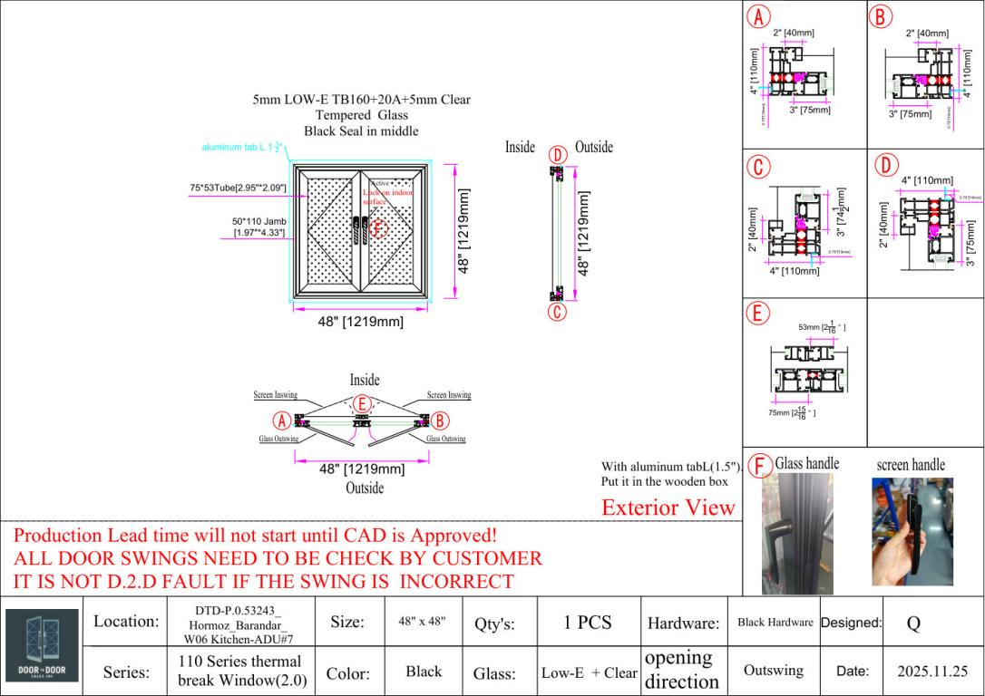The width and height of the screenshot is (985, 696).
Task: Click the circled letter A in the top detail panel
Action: coord(758,16)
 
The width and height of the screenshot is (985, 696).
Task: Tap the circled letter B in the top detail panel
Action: coord(881,16)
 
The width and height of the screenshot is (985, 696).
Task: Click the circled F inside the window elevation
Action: coord(379,228)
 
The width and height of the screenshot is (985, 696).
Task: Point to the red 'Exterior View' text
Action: coord(668,507)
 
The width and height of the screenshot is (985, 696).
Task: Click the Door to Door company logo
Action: coord(42,646)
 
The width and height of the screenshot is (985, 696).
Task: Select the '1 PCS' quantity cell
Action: coord(588,623)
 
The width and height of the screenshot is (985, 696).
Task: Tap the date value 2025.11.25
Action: coord(932,672)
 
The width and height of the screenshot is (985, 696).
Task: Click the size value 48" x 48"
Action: coord(423,623)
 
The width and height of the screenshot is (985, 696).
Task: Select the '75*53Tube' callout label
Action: coord(238,188)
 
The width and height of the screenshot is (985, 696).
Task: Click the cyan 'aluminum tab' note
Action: coord(243,147)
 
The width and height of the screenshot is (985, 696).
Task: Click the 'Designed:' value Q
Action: coord(913,623)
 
